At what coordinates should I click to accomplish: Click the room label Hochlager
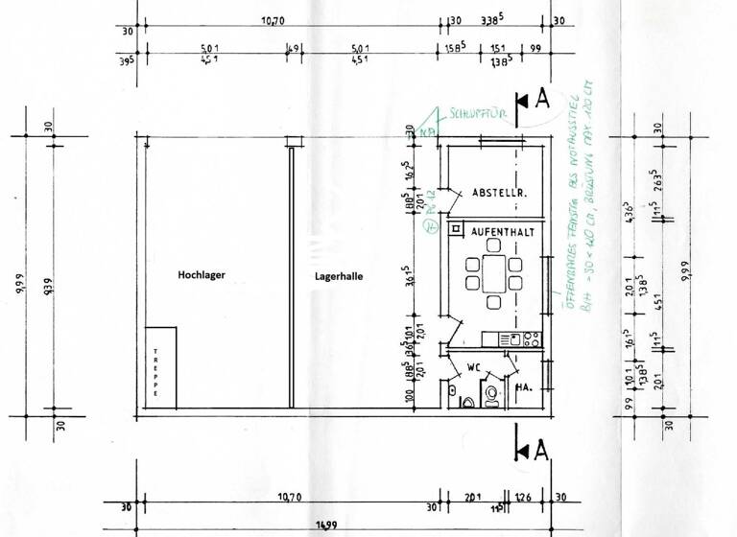[x=202, y=275]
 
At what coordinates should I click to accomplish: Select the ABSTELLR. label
[x=499, y=193]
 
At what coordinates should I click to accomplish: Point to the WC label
[x=472, y=367]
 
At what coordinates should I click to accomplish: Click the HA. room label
[x=525, y=388]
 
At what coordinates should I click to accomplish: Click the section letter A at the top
[x=542, y=98]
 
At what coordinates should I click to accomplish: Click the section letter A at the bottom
[x=542, y=450]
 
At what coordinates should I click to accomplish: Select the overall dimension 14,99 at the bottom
[x=331, y=526]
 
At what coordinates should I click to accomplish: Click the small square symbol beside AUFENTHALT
[x=453, y=231]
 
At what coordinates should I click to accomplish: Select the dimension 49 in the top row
[x=293, y=47]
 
